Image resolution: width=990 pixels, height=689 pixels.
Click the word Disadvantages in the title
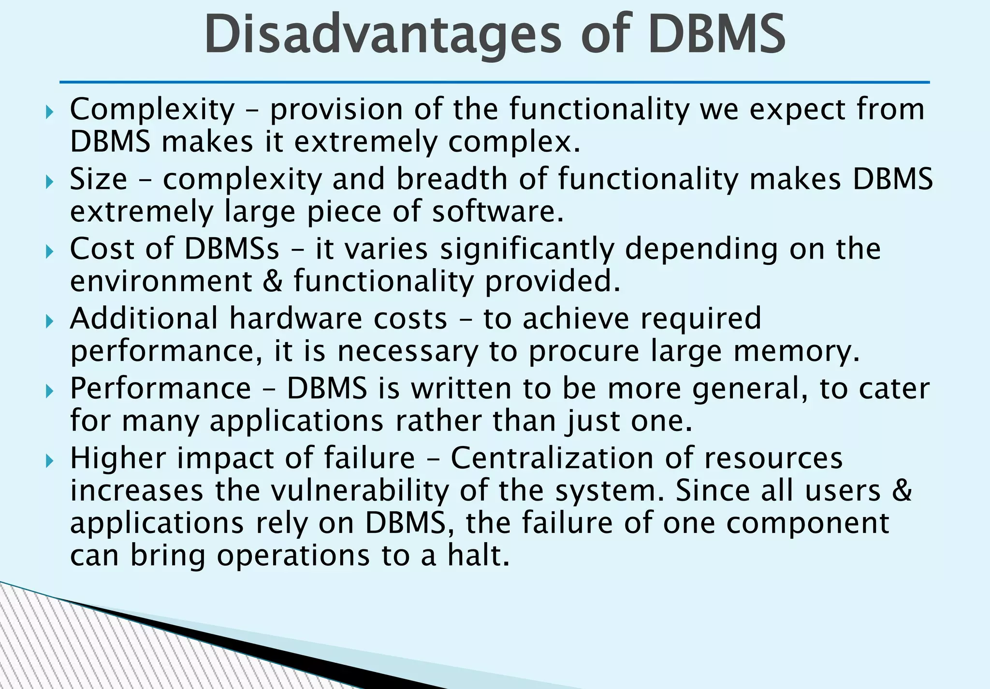(382, 35)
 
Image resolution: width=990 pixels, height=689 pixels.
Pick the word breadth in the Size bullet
(452, 179)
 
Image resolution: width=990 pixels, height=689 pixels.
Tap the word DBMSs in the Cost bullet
(232, 249)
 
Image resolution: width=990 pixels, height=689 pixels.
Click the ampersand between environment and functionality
(273, 281)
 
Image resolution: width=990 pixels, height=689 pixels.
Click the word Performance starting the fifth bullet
(160, 388)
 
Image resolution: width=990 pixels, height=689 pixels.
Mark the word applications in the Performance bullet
(296, 421)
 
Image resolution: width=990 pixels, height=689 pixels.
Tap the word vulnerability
(360, 491)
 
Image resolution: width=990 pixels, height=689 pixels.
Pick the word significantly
(527, 250)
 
